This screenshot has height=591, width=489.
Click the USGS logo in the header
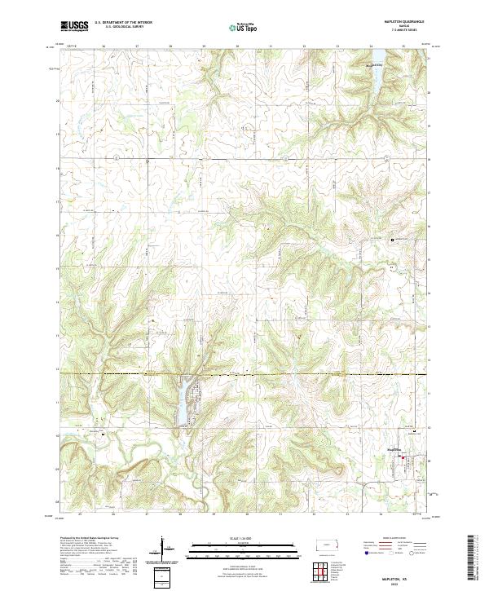[x=75, y=27]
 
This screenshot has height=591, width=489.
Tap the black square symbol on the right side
[x=391, y=240]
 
